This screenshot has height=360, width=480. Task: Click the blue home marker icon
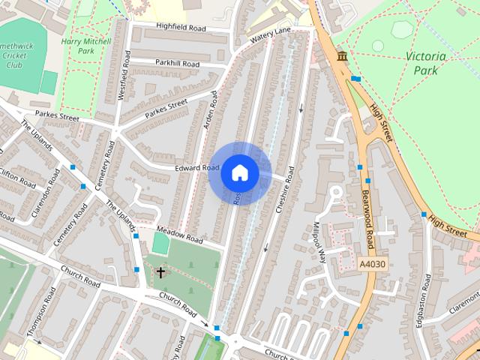(x=239, y=172)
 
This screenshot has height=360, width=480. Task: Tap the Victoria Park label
(x=425, y=63)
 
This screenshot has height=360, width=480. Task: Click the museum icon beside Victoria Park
(x=342, y=58)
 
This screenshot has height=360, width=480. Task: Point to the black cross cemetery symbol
(x=160, y=273)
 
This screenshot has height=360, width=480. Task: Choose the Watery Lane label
(x=270, y=34)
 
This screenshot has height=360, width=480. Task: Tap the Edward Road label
(x=197, y=168)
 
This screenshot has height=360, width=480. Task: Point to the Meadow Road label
(x=180, y=235)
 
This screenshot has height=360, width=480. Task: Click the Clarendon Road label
(x=46, y=196)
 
